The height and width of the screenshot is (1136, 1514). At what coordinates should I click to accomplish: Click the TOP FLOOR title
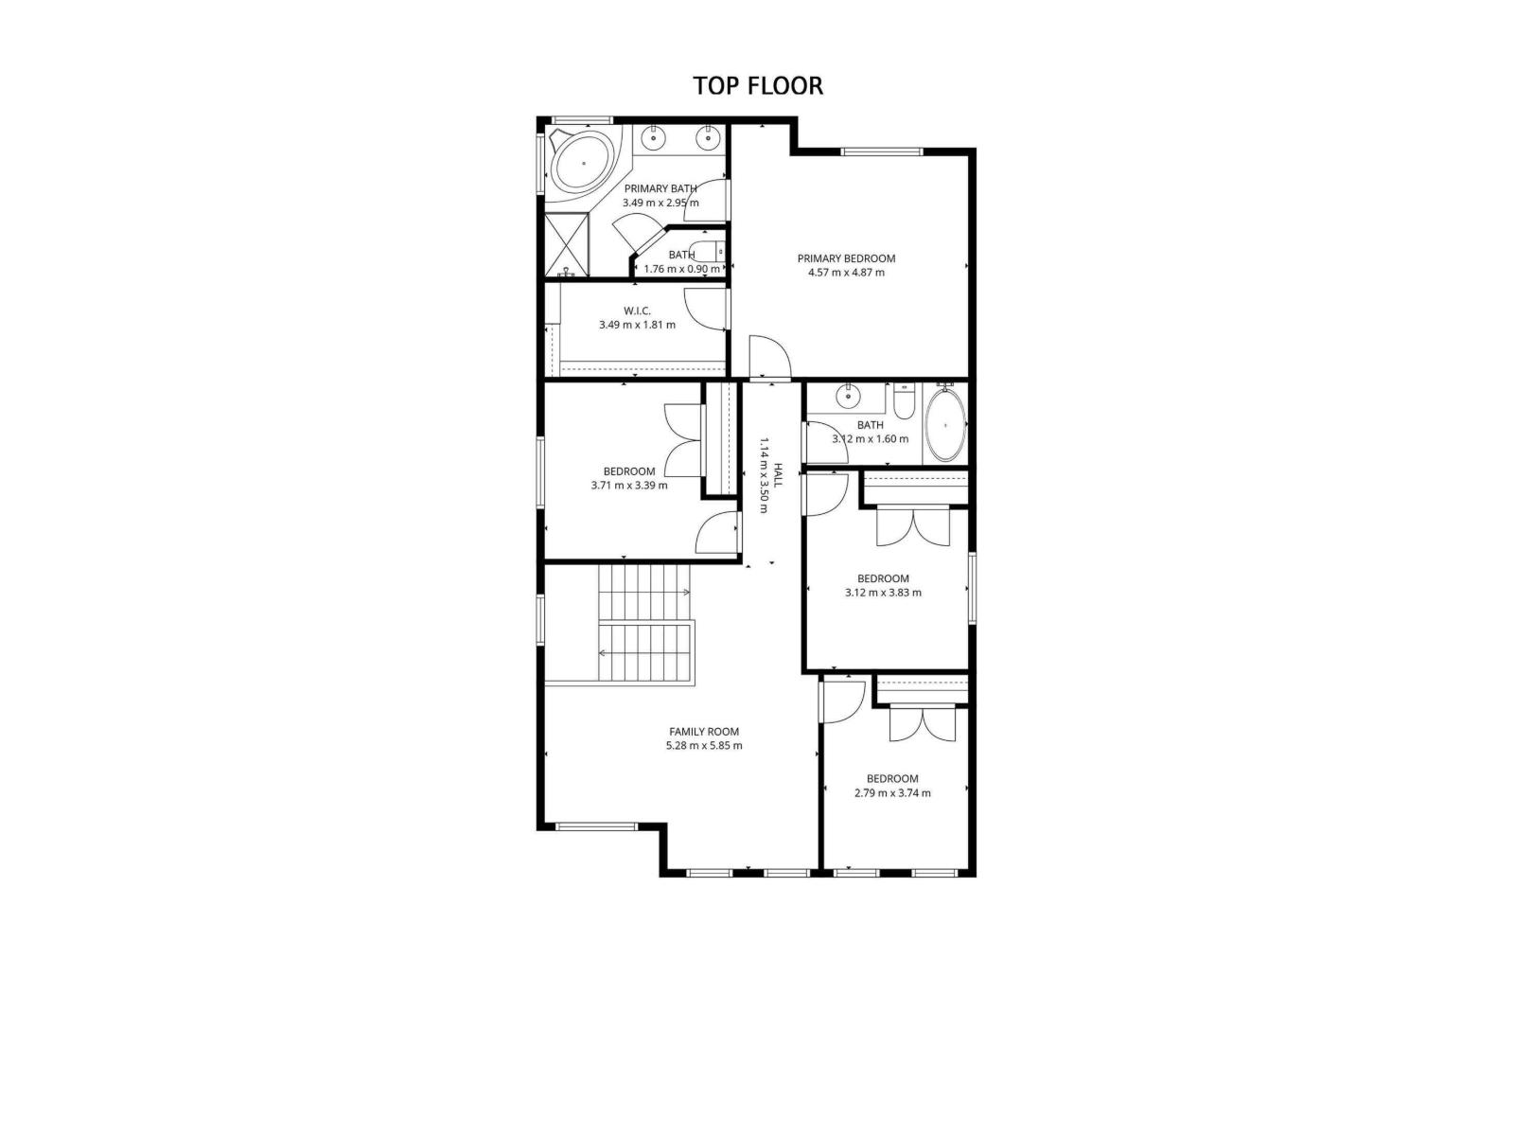758,85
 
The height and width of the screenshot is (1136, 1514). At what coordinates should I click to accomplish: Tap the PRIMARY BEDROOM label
846,258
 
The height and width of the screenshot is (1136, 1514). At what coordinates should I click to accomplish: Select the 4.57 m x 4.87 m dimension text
846,273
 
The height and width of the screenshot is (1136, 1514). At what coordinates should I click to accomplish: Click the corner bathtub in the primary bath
583,164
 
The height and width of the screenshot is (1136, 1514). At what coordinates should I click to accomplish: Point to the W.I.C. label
637,311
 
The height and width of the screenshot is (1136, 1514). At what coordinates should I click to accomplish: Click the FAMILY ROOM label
704,731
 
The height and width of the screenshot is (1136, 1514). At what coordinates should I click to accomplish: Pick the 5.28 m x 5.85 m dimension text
704,745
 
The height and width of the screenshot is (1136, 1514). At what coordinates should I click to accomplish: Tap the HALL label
778,475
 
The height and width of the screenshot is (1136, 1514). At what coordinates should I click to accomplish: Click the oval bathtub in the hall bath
944,426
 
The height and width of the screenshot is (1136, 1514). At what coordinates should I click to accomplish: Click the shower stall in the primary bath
567,245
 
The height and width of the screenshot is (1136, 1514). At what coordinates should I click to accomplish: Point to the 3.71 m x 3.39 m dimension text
629,486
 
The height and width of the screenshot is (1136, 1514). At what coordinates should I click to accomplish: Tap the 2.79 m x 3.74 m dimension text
892,793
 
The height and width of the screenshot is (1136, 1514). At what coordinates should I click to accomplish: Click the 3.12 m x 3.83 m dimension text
883,593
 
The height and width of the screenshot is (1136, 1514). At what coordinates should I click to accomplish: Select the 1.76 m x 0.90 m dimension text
681,269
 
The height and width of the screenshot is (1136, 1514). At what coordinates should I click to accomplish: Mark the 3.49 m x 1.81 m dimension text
637,325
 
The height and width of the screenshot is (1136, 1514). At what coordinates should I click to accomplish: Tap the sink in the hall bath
848,396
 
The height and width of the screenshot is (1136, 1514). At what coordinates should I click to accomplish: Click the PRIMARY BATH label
660,188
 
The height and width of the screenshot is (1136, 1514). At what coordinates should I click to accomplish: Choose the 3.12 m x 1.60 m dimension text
870,439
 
